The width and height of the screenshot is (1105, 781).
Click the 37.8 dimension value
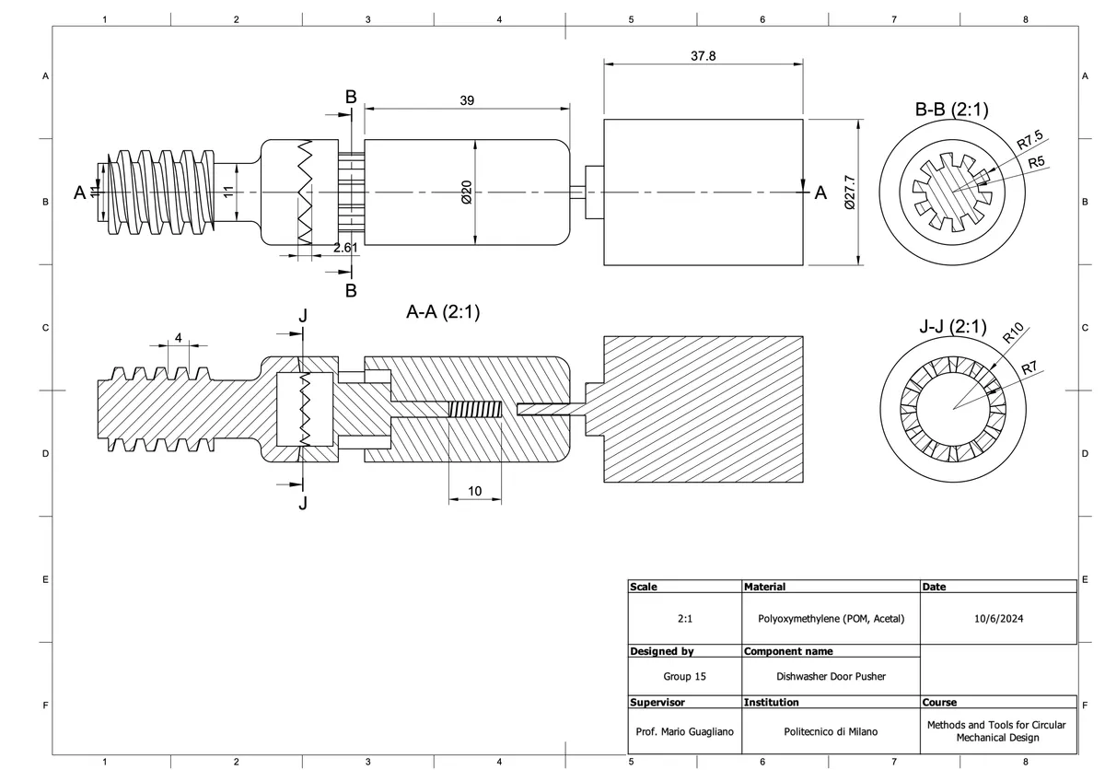pos(703,55)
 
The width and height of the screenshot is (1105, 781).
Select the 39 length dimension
pos(467,100)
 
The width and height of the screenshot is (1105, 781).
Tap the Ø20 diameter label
pos(466,192)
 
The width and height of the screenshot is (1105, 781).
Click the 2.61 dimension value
pos(345,248)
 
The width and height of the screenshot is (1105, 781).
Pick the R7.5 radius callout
pos(1030,141)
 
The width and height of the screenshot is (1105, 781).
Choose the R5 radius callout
pos(1037,162)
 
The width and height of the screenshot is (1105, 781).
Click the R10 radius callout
pos(1014,333)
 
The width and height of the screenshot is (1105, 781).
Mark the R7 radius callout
pos(1029,368)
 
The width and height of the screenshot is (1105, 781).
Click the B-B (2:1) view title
pos(951,111)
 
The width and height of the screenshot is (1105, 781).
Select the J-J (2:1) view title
pos(952,327)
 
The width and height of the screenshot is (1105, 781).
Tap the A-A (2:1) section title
pos(443,312)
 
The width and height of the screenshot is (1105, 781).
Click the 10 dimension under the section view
pos(474,491)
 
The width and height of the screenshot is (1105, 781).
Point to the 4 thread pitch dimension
pos(178,337)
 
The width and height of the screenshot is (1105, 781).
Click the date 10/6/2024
pos(998,618)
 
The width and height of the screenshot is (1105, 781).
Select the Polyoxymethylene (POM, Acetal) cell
pos(831,618)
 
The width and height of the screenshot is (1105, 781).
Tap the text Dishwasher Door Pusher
pos(831,676)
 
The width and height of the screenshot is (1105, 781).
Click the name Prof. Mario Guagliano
pos(684,731)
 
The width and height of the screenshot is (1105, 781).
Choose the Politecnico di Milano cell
pos(831,731)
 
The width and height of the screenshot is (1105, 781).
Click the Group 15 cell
pos(684,676)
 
